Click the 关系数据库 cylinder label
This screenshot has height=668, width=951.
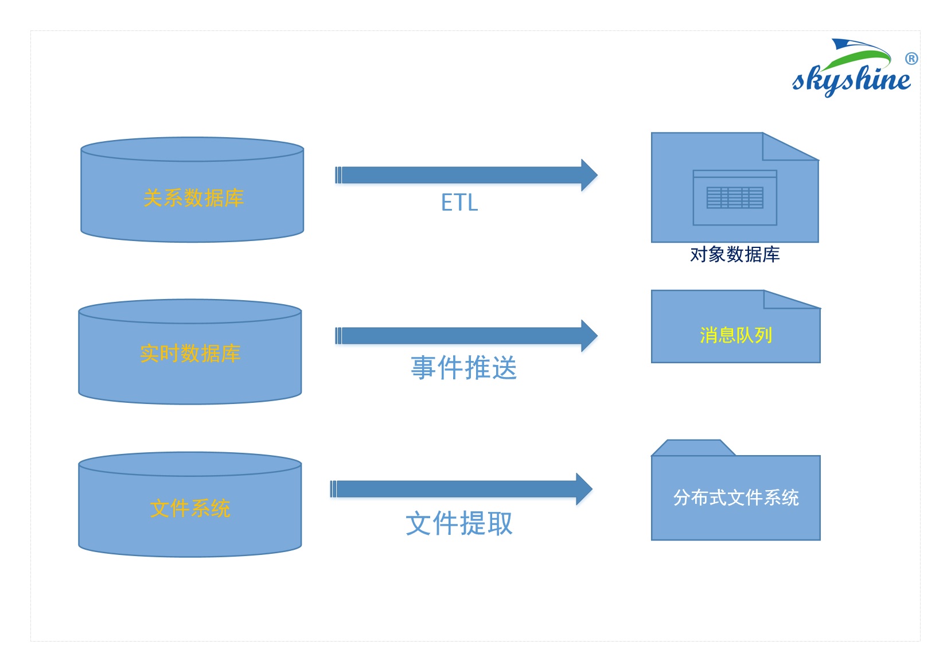(193, 198)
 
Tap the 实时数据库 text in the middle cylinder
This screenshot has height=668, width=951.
(190, 354)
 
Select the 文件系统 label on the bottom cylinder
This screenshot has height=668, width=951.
(190, 508)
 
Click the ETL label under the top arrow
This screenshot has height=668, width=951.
(459, 203)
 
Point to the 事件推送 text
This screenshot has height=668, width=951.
(463, 368)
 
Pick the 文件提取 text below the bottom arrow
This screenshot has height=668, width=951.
(459, 523)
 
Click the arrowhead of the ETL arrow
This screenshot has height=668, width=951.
(589, 175)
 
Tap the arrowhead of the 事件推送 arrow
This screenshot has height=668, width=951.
(589, 336)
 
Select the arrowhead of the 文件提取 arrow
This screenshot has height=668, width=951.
(584, 489)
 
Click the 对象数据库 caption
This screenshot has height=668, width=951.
(735, 254)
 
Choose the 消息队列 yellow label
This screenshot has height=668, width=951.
(736, 335)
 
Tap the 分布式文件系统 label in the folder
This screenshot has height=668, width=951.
(736, 498)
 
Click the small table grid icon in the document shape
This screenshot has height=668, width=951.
(735, 198)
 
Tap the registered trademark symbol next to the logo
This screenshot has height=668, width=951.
(911, 59)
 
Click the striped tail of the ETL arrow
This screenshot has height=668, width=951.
(338, 175)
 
